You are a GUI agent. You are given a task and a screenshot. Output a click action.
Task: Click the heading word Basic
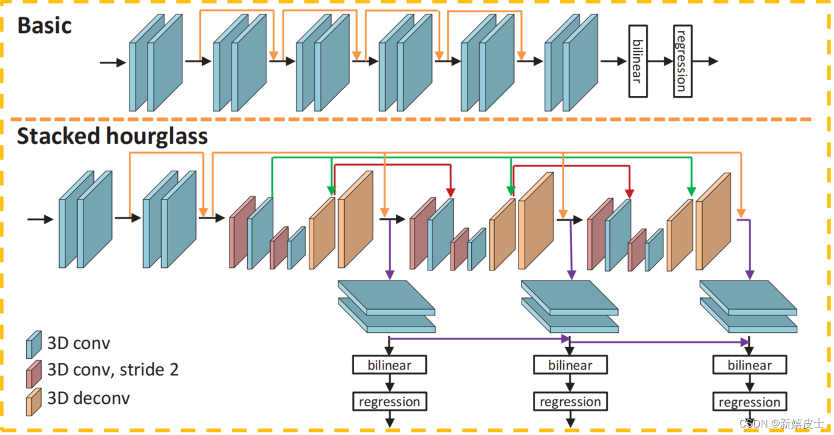tap(44, 26)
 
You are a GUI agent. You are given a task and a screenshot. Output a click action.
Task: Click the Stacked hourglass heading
tap(112, 136)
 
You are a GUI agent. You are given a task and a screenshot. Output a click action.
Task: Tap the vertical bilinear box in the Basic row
tap(638, 61)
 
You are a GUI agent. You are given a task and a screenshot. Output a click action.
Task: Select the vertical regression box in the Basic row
tap(683, 61)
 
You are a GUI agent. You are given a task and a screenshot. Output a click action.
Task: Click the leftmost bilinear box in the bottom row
tap(390, 365)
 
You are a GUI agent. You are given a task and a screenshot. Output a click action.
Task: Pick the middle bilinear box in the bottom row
tap(570, 365)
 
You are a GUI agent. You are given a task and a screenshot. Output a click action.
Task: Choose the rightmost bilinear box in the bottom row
tap(749, 365)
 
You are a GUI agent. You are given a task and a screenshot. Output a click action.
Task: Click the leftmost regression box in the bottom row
tap(390, 401)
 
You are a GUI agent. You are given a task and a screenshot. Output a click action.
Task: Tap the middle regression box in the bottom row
tap(570, 401)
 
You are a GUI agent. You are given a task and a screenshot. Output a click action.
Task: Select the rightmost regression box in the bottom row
tap(749, 401)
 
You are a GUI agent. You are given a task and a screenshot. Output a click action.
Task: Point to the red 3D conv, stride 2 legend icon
tap(33, 373)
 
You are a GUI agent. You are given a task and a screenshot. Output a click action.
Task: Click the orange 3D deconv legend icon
tap(33, 401)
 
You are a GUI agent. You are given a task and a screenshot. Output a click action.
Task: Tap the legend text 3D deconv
tap(89, 398)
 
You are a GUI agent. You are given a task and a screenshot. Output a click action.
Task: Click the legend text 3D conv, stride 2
tap(113, 370)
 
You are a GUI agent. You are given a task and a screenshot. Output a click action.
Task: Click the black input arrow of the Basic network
tap(112, 62)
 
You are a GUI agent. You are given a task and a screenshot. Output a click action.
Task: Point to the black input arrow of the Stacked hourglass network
tap(39, 219)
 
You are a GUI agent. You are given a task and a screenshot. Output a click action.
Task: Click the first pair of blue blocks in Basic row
tap(156, 62)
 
